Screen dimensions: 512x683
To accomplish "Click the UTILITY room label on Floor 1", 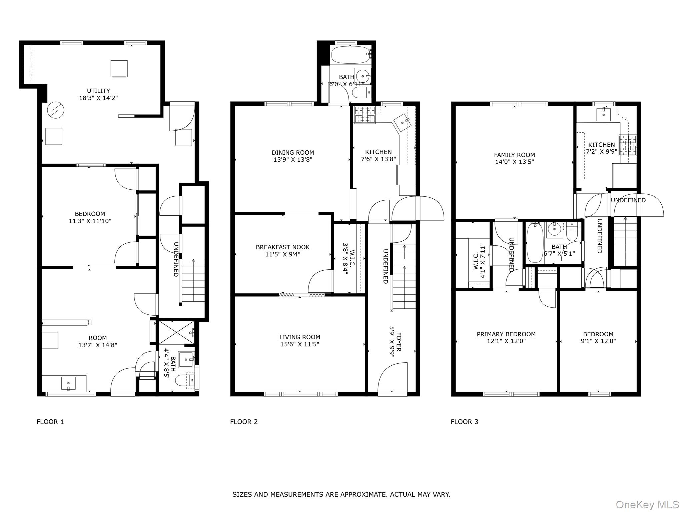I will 98,91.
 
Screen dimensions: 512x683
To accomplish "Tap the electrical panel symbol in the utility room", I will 55,110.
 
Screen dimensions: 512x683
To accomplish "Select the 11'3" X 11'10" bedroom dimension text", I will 90,221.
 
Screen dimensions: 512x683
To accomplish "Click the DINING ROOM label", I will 293,153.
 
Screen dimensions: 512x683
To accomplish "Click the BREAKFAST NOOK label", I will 283,247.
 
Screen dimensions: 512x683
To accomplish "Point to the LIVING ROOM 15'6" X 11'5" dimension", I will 300,344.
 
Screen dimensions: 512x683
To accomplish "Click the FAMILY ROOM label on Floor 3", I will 514,155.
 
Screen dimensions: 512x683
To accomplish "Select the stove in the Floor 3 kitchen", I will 628,145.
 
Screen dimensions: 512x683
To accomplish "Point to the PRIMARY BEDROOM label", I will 506,334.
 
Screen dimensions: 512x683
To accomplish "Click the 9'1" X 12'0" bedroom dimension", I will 598,341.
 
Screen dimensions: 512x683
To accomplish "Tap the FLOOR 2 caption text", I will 244,422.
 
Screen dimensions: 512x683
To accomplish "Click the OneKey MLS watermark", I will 647,505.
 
